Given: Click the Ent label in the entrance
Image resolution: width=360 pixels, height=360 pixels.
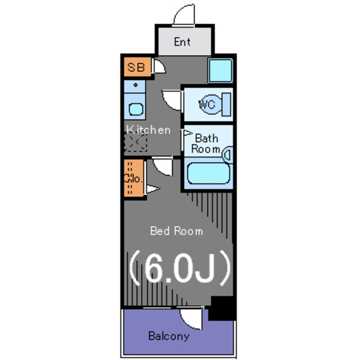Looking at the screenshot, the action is pyautogui.click(x=182, y=42).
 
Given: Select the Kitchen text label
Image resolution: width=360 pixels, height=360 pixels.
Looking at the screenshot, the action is pyautogui.click(x=148, y=130).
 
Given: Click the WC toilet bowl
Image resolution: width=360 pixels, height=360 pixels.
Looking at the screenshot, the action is pyautogui.click(x=211, y=105).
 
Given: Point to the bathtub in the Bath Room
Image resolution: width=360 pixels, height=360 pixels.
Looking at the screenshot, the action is pyautogui.click(x=209, y=173).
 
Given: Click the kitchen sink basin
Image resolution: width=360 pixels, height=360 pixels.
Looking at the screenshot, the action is pyautogui.click(x=136, y=109).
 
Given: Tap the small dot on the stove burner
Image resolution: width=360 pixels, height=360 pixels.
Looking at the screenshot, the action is pyautogui.click(x=136, y=85).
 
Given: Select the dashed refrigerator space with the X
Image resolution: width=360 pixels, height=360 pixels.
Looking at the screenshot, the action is pyautogui.click(x=136, y=142).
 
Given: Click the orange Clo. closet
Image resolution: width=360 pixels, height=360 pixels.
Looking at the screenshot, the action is pyautogui.click(x=134, y=178).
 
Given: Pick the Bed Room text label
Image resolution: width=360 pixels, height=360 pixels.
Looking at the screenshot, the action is pyautogui.click(x=176, y=231).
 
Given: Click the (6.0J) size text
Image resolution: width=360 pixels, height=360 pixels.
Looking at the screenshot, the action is pyautogui.click(x=179, y=268).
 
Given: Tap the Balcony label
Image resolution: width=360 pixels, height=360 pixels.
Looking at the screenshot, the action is pyautogui.click(x=169, y=336).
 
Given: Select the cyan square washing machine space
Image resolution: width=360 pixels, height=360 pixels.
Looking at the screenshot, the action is pyautogui.click(x=220, y=70).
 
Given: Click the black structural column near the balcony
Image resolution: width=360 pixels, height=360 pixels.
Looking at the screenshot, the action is pyautogui.click(x=222, y=308).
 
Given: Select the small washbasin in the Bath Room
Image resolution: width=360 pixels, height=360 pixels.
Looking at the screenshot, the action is pyautogui.click(x=227, y=155).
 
